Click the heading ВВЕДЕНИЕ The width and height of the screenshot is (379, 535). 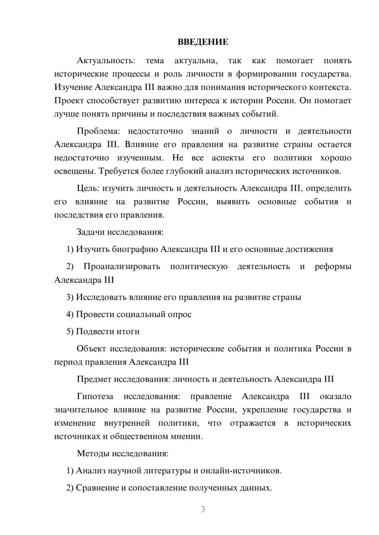pos(203,42)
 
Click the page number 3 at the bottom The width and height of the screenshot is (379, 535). pos(203,509)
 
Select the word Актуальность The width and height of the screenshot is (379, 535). pos(105,61)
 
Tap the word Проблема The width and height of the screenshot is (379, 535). pos(98,131)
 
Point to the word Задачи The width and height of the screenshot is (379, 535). pos(91,232)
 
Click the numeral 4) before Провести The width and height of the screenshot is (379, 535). pos(70,314)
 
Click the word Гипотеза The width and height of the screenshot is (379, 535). pos(95,397)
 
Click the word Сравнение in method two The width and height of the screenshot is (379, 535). pos(97,488)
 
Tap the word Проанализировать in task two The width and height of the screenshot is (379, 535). pos(122,267)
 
